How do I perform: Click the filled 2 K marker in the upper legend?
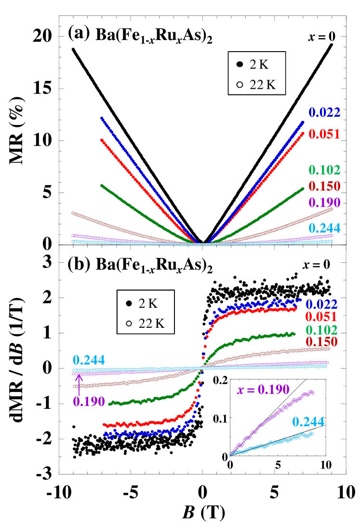(x=239, y=65)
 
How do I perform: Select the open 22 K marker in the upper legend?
(x=239, y=84)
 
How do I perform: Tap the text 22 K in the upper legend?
(x=263, y=84)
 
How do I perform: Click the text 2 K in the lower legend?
(x=148, y=304)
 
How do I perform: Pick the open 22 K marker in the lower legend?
(x=128, y=324)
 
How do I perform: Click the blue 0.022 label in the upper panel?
(x=324, y=113)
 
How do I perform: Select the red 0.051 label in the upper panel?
(x=324, y=135)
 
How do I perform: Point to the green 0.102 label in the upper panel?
(x=324, y=170)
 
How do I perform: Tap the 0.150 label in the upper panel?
(x=324, y=186)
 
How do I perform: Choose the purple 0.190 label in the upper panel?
(x=324, y=203)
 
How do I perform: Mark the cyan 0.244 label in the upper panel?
(x=324, y=228)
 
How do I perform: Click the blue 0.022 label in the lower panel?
(x=321, y=305)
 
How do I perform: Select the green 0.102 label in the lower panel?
(x=321, y=330)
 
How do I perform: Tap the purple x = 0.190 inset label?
(x=263, y=390)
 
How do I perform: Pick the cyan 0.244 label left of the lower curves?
(x=89, y=360)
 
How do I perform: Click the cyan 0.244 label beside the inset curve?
(x=308, y=422)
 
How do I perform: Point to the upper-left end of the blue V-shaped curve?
(x=102, y=118)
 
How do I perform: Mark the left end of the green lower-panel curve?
(x=110, y=404)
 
